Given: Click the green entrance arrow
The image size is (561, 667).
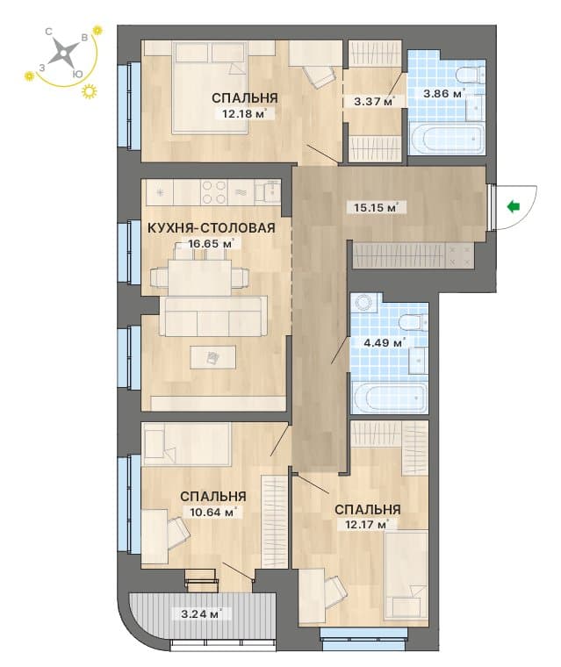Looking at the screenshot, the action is click(514, 207).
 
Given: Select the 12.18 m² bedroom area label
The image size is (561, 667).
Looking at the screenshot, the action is click(245, 113).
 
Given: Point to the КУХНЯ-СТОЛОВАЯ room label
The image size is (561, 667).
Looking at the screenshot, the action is click(211, 227).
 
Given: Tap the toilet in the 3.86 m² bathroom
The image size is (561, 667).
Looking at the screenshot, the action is click(470, 74).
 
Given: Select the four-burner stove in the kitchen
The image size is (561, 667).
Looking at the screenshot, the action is click(213, 192).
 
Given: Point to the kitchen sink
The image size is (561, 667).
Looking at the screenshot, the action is click(267, 191).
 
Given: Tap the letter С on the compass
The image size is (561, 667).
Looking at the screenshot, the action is click(49, 32).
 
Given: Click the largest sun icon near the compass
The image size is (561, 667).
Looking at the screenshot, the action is click(89, 91).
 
